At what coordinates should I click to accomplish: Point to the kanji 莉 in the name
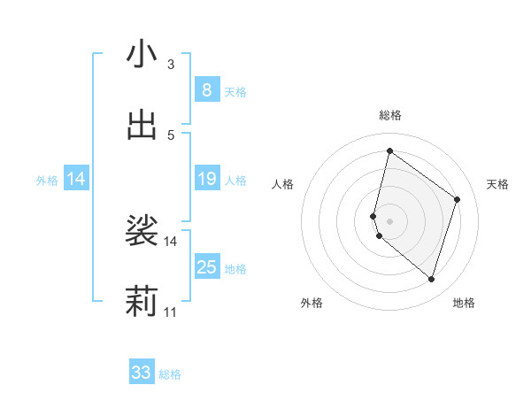pos(142,302)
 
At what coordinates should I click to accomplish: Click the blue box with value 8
pos(206,90)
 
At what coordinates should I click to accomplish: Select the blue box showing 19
pos(206,180)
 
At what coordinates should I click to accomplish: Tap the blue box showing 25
pos(206,267)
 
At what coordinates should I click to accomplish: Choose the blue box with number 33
pos(142,373)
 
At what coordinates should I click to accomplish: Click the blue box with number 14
pos(76,180)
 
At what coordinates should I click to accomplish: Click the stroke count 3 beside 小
pos(170,65)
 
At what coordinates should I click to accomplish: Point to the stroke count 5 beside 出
pos(170,135)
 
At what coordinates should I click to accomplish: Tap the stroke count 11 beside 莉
pos(170,312)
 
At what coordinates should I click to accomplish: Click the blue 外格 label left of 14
pos(47,181)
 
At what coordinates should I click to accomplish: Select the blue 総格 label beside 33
pos(170,374)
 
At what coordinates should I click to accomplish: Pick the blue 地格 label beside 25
pos(235,269)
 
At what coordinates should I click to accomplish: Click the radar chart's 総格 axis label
pos(389,115)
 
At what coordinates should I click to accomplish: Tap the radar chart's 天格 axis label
pos(498,184)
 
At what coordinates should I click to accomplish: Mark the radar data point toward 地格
pos(431,280)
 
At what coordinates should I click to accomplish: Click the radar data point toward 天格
pos(457,199)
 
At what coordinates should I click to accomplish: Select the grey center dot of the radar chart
pos(389,220)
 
